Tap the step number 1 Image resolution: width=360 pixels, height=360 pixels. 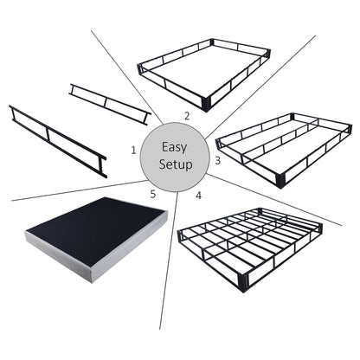133,151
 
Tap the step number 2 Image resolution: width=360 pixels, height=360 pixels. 186,115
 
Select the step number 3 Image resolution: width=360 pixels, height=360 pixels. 217,160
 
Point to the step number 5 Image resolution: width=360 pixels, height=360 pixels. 153,195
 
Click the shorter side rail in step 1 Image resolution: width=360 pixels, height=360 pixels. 109,104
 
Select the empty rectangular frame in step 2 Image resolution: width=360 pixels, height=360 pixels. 204,73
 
